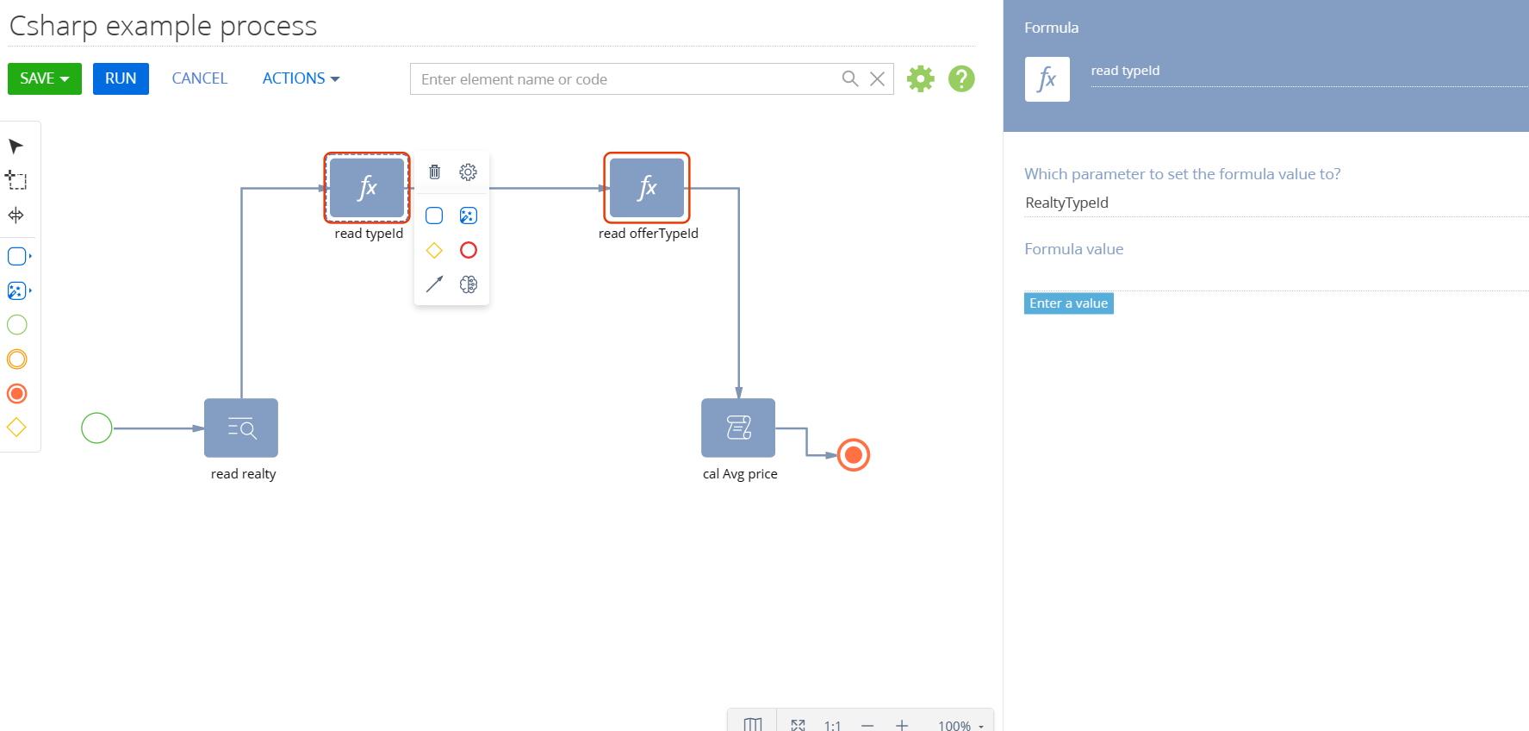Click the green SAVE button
pos(45,78)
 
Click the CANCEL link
pos(200,78)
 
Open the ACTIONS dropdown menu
pos(301,78)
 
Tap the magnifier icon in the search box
pos(850,78)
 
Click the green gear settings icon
pos(921,78)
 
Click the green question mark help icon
pos(961,78)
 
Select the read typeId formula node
pos(367,188)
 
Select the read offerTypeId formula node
pos(647,188)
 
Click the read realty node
pos(241,428)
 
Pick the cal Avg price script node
pos(738,428)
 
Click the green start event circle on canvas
pos(96,428)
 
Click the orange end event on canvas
pos(854,454)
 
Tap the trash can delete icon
pos(434,172)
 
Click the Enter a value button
pos(1069,303)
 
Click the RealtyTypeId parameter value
pos(1066,203)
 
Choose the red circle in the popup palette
pos(469,250)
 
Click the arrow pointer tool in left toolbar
pos(16,146)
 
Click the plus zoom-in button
pos(902,725)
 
